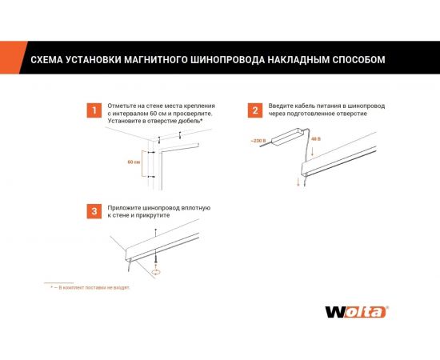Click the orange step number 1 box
pyautogui.click(x=94, y=110)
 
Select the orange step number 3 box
pyautogui.click(x=94, y=210)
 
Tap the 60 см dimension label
pyautogui.click(x=134, y=161)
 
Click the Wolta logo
pyautogui.click(x=355, y=312)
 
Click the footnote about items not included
pyautogui.click(x=90, y=286)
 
